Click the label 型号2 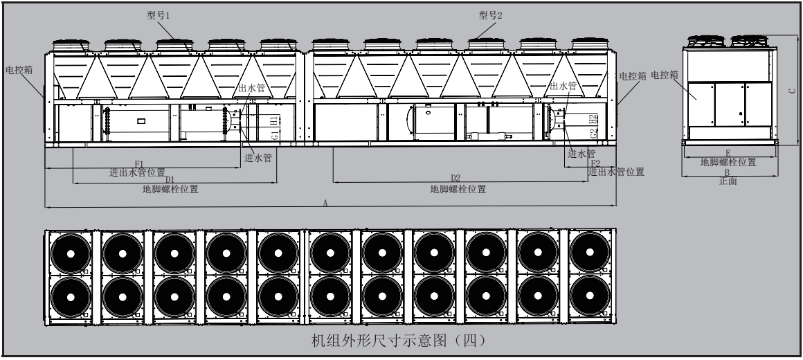[x=490, y=15]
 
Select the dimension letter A [x=325, y=202]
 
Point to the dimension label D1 [x=170, y=179]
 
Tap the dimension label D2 [x=456, y=179]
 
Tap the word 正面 [x=728, y=181]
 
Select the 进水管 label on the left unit [x=258, y=157]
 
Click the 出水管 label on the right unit [x=563, y=87]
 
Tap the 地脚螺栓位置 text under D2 [x=458, y=189]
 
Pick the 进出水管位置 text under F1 [x=137, y=172]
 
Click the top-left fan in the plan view [x=71, y=253]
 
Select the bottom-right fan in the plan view [x=590, y=299]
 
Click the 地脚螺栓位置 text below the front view [x=728, y=162]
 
